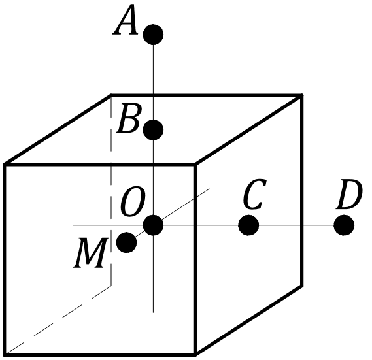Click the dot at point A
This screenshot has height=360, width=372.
[x=153, y=35]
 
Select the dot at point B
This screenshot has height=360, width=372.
[x=153, y=130]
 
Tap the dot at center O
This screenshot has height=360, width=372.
[x=153, y=225]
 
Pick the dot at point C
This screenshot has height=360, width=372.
[x=248, y=225]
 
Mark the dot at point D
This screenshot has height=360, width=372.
[x=344, y=225]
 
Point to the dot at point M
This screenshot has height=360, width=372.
[x=126, y=242]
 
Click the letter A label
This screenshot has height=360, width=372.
[x=126, y=20]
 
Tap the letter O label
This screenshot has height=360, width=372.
[x=133, y=201]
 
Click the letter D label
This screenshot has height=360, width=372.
[x=349, y=195]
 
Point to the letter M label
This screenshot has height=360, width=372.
[x=91, y=253]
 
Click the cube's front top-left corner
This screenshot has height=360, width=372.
[x=5, y=165]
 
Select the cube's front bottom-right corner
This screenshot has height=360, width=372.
[x=195, y=355]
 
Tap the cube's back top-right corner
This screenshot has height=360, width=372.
[x=302, y=95]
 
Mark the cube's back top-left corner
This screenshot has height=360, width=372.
[x=111, y=95]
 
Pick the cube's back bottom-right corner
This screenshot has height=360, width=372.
[x=302, y=286]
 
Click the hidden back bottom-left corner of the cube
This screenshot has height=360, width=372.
[x=111, y=286]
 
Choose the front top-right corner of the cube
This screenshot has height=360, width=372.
[x=195, y=165]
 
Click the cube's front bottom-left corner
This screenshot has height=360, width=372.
[x=5, y=355]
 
